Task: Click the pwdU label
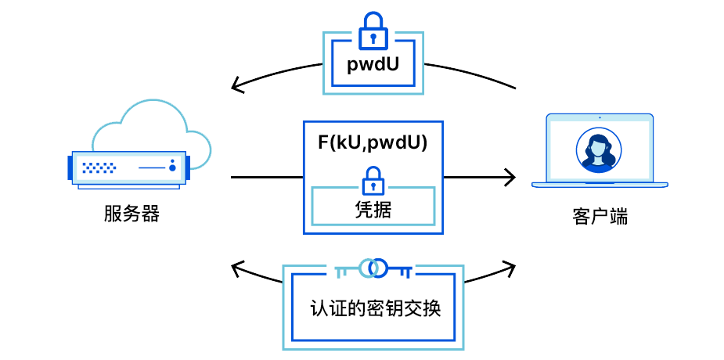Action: [373, 65]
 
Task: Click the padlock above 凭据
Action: [373, 182]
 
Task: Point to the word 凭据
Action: [373, 209]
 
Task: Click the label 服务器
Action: [131, 214]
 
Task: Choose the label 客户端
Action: [600, 217]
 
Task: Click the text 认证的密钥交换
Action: [375, 308]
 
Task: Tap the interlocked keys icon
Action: [373, 268]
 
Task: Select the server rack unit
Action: [129, 167]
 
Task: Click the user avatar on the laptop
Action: [599, 149]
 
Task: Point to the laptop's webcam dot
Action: [600, 118]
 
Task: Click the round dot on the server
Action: [172, 167]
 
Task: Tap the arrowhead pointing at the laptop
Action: [510, 178]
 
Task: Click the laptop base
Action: [600, 185]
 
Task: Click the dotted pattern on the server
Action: [100, 167]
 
